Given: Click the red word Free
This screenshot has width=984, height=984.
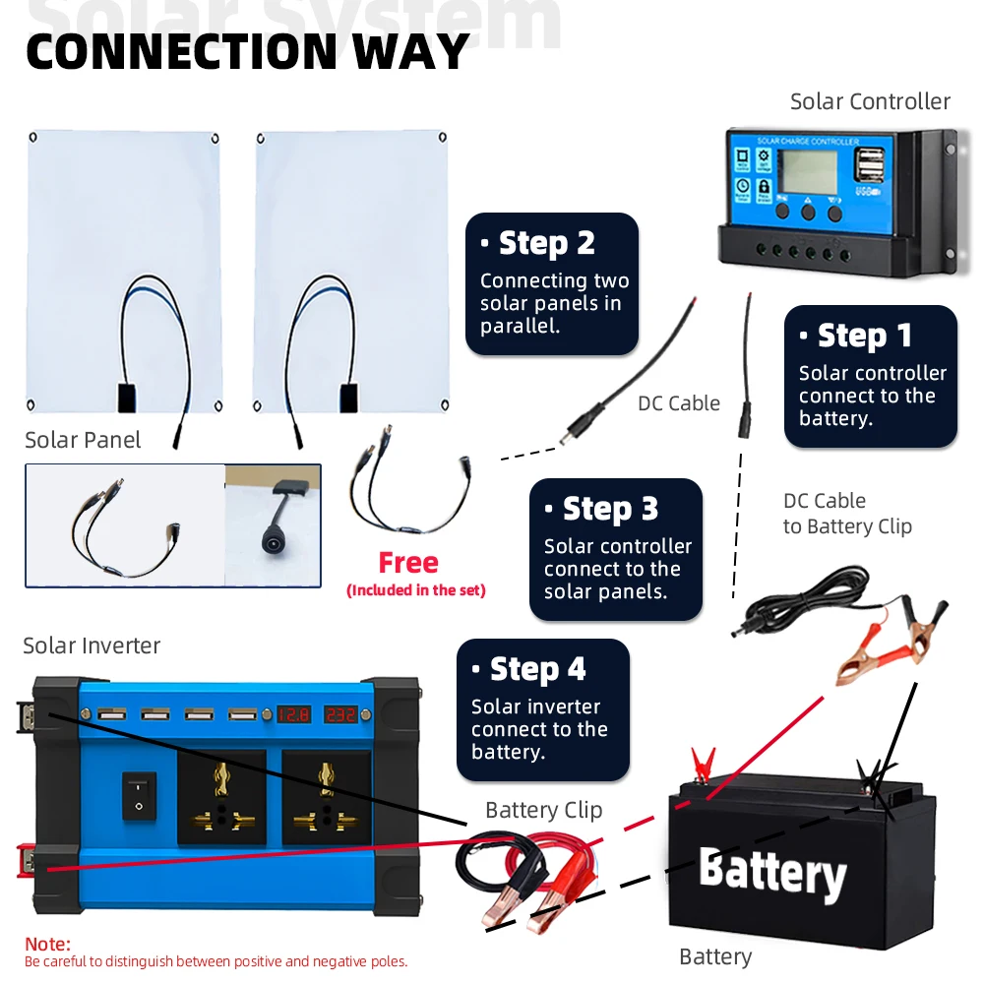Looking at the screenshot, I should click(x=408, y=563).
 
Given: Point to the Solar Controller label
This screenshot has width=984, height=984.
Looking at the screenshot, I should click(x=870, y=101).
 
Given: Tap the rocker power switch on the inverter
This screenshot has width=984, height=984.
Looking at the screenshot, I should click(x=138, y=795).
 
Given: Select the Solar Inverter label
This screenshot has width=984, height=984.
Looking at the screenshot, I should click(x=92, y=646).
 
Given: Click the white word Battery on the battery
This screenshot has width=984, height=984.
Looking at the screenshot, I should click(x=772, y=872).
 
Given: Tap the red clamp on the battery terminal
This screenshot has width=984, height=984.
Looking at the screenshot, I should click(x=703, y=763).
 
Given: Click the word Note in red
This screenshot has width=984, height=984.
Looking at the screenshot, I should click(x=48, y=944).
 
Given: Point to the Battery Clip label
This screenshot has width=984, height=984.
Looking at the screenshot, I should click(x=543, y=810).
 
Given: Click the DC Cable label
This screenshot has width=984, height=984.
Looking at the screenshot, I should click(x=679, y=402).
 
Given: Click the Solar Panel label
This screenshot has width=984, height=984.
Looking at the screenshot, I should click(x=83, y=440).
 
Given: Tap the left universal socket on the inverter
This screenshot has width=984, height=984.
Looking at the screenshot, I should click(x=221, y=798).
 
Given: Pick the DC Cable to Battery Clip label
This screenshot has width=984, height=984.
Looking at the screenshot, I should click(x=846, y=514).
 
